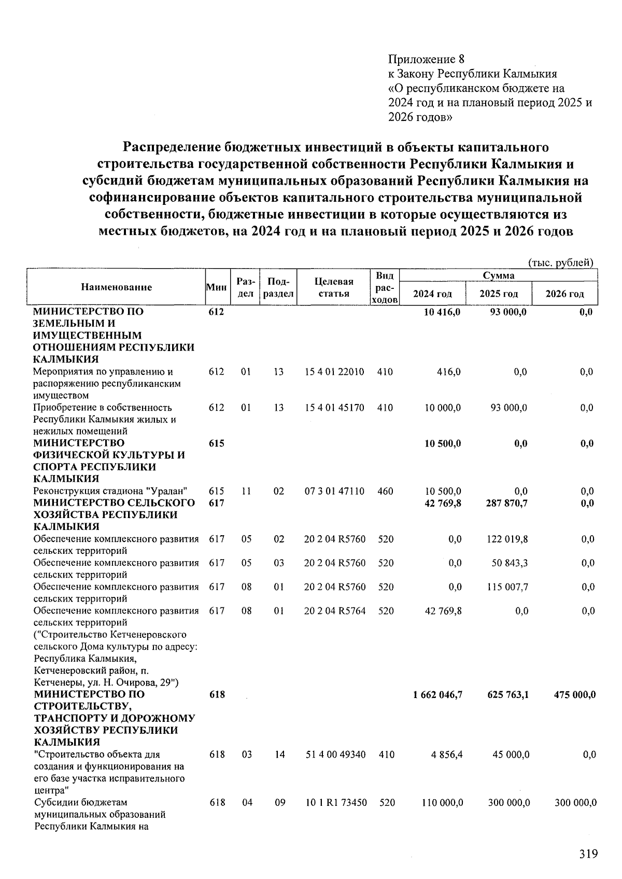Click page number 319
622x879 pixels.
[588, 853]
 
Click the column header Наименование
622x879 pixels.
[116, 287]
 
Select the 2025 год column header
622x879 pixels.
[499, 294]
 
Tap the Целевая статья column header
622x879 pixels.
[334, 287]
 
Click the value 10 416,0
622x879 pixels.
[442, 312]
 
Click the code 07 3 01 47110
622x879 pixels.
[334, 491]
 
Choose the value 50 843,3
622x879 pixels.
[510, 563]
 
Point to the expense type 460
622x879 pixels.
[385, 491]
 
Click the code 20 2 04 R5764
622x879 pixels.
[334, 611]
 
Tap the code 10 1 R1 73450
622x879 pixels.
[335, 803]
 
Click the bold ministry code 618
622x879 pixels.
[217, 694]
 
